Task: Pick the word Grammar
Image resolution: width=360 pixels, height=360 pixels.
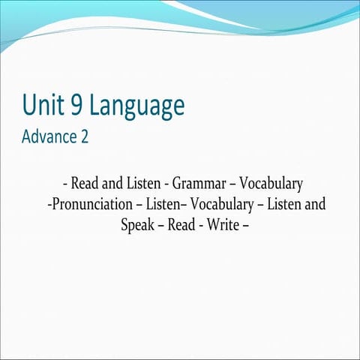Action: click(197, 183)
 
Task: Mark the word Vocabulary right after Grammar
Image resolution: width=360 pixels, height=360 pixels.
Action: click(270, 183)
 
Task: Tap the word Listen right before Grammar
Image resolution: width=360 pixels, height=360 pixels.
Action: click(143, 183)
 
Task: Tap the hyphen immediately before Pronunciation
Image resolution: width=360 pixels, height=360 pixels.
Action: click(49, 204)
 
